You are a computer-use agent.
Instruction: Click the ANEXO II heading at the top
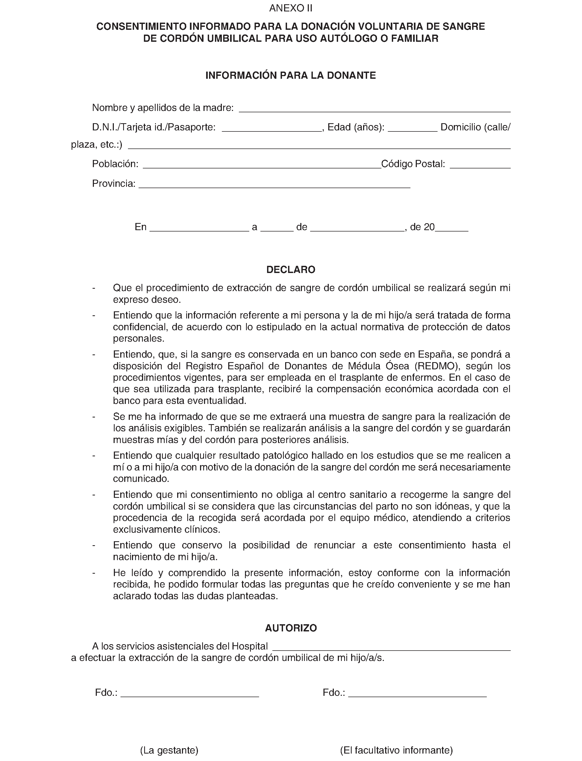click(x=291, y=8)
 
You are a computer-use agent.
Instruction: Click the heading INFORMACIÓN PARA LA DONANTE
click(x=291, y=76)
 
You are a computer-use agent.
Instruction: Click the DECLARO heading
click(x=291, y=270)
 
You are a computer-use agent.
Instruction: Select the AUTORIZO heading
click(x=291, y=628)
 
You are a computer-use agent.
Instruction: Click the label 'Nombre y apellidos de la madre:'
click(x=163, y=108)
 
